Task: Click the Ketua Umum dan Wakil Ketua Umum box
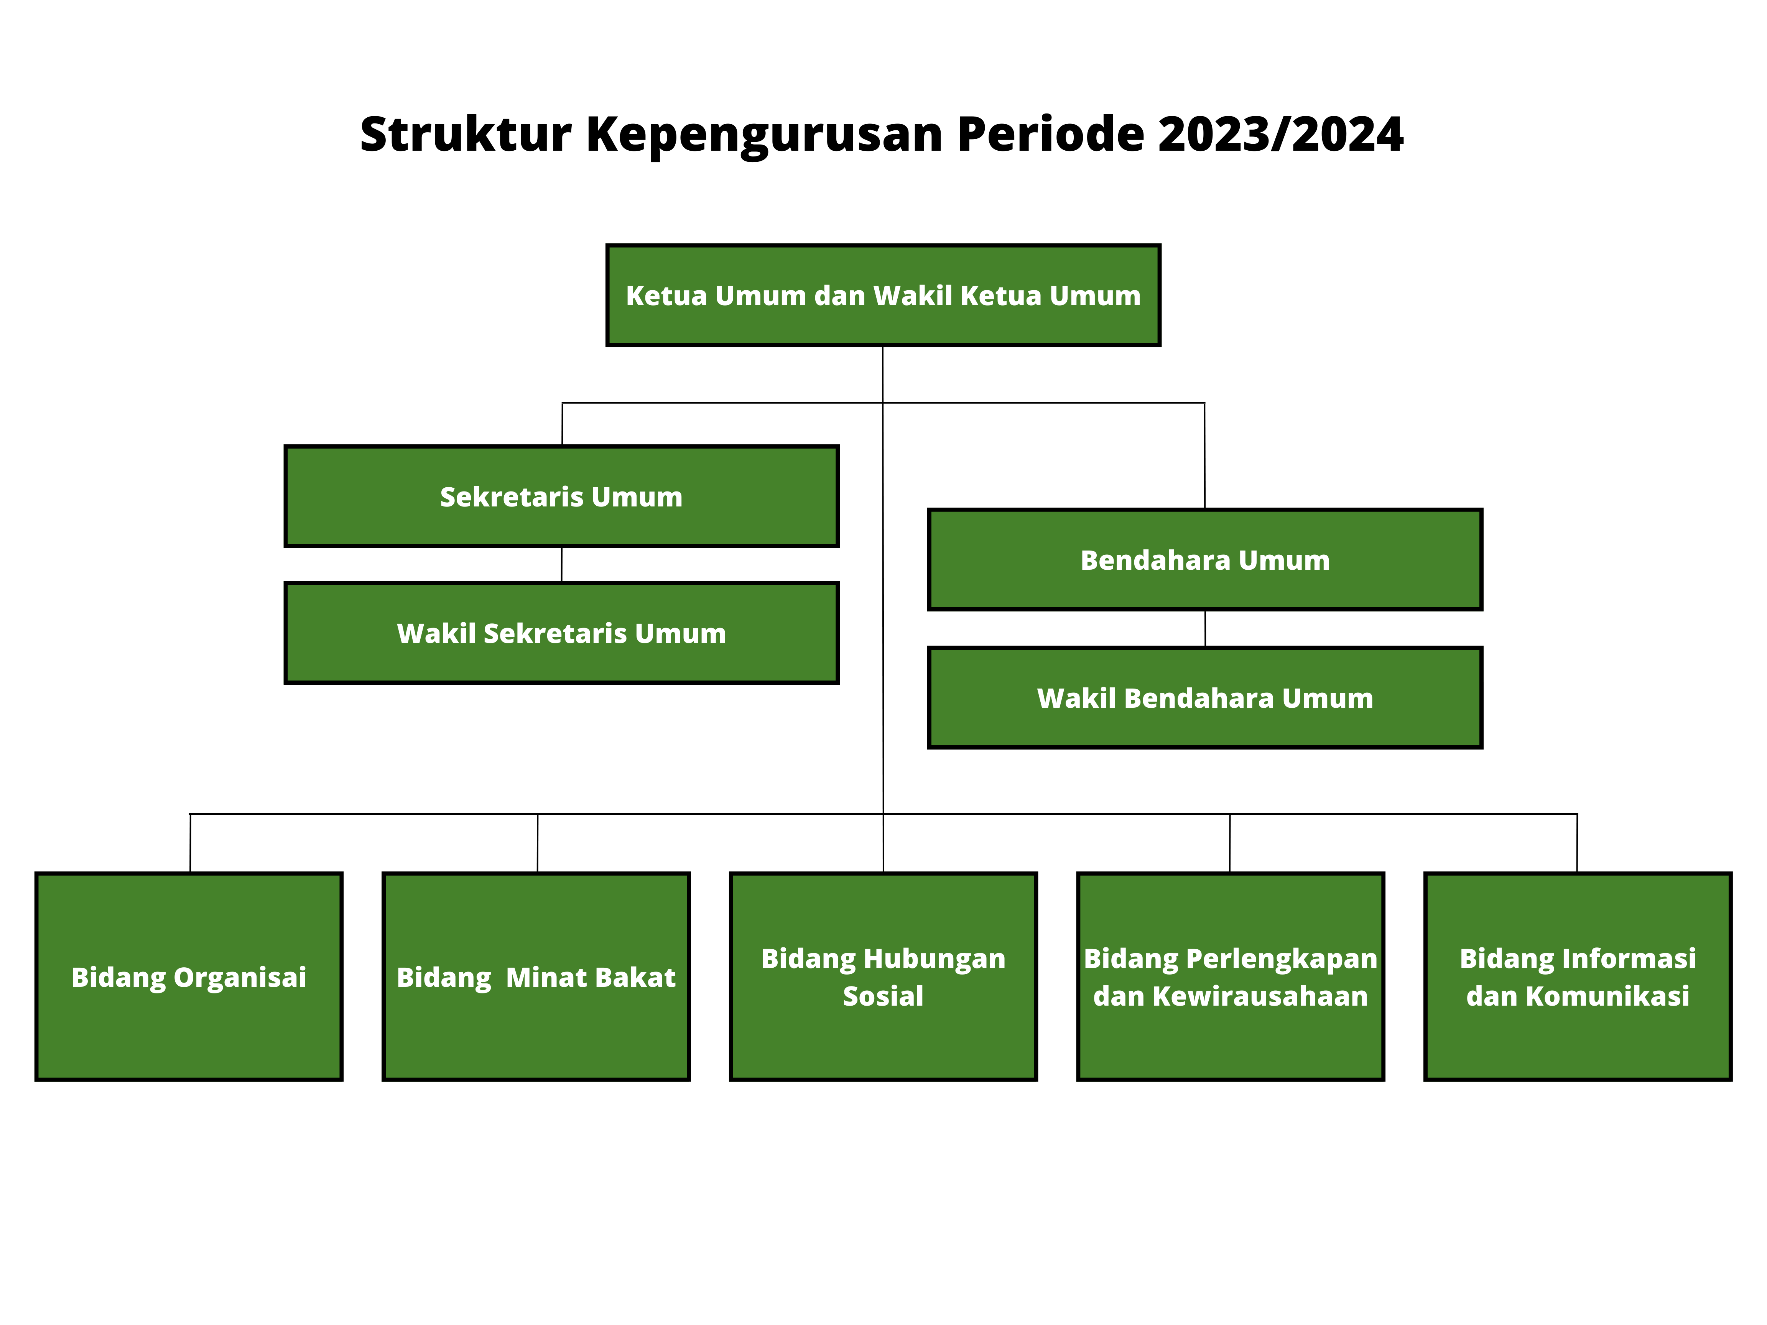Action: pos(883,295)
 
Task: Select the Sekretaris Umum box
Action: pos(561,496)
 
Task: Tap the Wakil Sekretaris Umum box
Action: pos(561,633)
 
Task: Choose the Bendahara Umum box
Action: pos(1204,559)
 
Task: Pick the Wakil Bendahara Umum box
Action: pos(1204,697)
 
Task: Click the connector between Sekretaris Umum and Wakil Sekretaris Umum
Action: pos(561,565)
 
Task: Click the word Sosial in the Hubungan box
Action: pos(883,996)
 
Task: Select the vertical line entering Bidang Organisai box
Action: pos(190,843)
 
